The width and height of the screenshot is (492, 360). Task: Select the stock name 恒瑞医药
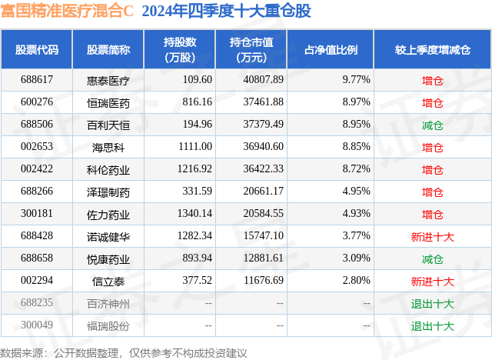click(x=108, y=102)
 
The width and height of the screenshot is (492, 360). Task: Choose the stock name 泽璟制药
click(x=108, y=192)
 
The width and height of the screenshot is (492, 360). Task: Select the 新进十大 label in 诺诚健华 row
click(x=433, y=237)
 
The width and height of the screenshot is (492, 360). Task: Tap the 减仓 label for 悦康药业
click(x=433, y=259)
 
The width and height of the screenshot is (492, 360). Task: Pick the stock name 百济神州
click(x=108, y=304)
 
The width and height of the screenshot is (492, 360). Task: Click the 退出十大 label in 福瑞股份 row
click(x=433, y=326)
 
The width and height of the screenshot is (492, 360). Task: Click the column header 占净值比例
click(x=337, y=50)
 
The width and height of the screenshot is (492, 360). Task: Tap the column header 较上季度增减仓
click(x=433, y=50)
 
